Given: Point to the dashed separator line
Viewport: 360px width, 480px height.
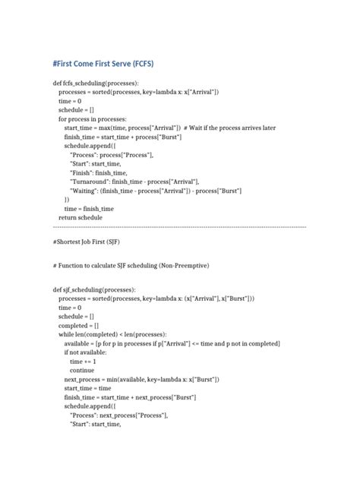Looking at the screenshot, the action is pos(179,227).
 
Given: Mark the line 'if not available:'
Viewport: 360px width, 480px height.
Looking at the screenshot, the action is pos(86,352).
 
